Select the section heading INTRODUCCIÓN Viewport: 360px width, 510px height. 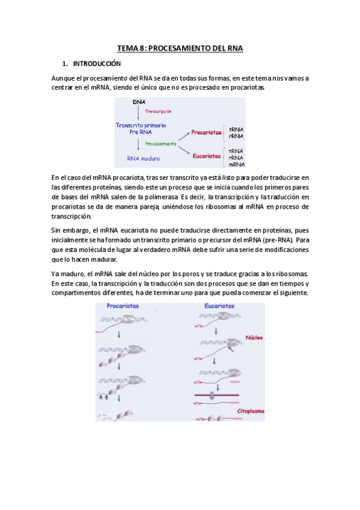pyautogui.click(x=96, y=64)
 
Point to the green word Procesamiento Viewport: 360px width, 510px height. pyautogui.click(x=161, y=144)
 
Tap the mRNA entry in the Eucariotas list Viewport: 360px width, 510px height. pyautogui.click(x=236, y=164)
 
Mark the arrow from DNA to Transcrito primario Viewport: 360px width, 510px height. pyautogui.click(x=139, y=113)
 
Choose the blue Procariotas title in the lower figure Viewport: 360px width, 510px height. pyautogui.click(x=123, y=306)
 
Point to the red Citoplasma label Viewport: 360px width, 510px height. pyautogui.click(x=248, y=411)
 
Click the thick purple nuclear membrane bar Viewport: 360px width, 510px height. pyautogui.click(x=216, y=395)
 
